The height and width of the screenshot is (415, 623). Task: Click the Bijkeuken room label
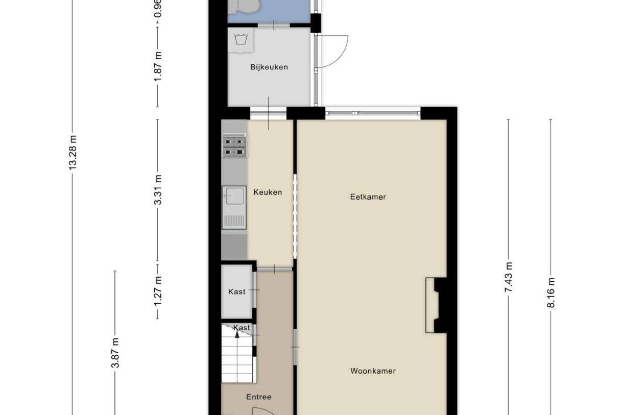click(x=269, y=67)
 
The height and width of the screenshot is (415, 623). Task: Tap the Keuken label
click(x=268, y=192)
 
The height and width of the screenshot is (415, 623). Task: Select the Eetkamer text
click(x=368, y=197)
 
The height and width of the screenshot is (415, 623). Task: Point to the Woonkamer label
click(x=373, y=371)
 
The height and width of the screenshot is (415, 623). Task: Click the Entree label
click(x=258, y=397)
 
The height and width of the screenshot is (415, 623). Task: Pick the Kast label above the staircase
click(x=242, y=328)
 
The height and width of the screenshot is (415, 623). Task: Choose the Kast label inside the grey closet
click(x=236, y=292)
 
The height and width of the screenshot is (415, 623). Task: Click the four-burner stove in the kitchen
click(x=234, y=147)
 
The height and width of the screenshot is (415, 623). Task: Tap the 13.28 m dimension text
click(x=73, y=152)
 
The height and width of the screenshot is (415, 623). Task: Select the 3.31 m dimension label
click(x=158, y=190)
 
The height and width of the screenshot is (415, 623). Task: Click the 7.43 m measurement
click(x=508, y=277)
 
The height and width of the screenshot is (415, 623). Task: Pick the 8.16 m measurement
click(x=550, y=292)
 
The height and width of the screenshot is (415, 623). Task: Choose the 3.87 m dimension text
click(x=115, y=352)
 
